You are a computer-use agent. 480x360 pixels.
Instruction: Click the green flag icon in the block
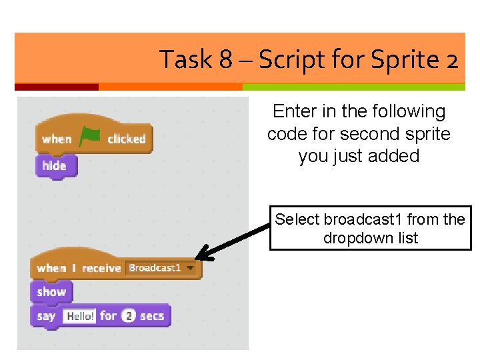[91, 137]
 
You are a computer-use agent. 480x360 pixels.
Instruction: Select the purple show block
[51, 291]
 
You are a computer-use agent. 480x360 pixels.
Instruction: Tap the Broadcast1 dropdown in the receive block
[162, 268]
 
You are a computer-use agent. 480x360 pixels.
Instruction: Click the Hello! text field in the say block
[79, 316]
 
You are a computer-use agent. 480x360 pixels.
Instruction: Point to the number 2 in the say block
[129, 316]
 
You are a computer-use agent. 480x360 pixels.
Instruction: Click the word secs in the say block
[152, 316]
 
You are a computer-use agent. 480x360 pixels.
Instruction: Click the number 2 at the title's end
[451, 61]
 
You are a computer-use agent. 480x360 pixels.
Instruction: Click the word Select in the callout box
[297, 219]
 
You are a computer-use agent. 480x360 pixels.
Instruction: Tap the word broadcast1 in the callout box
[363, 219]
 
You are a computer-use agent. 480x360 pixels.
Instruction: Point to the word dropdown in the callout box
[353, 238]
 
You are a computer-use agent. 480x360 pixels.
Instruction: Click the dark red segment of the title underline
[56, 87]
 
